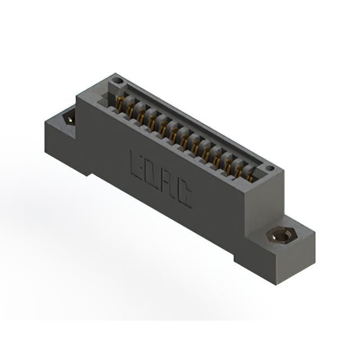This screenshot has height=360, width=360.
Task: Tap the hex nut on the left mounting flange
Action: [70, 118]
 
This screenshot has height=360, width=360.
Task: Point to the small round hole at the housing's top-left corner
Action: [117, 82]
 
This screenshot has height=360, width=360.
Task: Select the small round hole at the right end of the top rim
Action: [269, 168]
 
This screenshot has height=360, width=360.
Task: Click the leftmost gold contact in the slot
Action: [119, 105]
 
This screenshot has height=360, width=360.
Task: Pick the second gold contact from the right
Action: [239, 170]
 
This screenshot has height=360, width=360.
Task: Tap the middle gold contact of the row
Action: [184, 141]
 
